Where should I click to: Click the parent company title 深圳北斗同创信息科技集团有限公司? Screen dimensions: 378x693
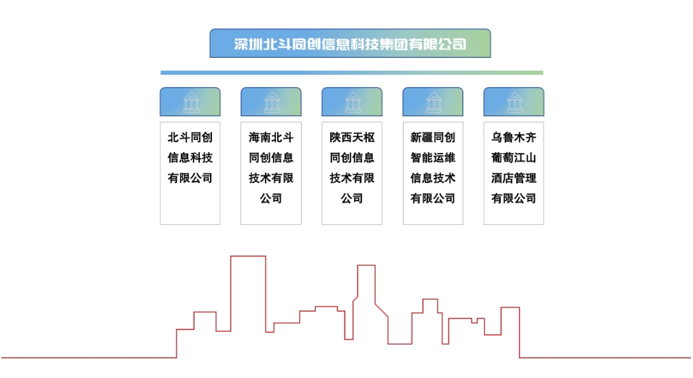pos(350,44)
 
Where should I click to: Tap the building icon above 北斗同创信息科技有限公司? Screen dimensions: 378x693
pos(190,102)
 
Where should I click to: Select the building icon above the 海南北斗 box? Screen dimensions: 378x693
pos(271,102)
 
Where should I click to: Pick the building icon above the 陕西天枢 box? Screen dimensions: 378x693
pos(352,102)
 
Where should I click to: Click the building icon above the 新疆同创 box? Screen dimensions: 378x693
pos(433,102)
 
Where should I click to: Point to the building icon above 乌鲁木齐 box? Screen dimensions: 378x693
pos(514,102)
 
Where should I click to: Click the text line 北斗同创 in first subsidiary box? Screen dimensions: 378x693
pos(190,137)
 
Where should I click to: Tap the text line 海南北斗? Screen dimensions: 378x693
pos(271,137)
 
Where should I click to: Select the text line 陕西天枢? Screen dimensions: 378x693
pos(352,137)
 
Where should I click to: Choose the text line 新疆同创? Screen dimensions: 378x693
pos(433,137)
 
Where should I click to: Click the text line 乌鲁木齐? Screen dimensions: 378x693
pos(514,137)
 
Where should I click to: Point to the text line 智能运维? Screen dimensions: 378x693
pos(433,158)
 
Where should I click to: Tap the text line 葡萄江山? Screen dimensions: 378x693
pos(514,158)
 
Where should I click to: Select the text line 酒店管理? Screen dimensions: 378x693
pos(514,178)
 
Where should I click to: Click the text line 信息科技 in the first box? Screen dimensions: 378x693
pos(190,158)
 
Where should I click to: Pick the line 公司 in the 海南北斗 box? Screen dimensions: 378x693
pos(271,199)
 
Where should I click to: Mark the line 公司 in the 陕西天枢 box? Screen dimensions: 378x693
pos(352,199)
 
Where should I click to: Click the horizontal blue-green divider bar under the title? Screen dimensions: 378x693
pos(352,72)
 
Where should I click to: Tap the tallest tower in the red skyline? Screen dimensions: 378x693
pos(248,292)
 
